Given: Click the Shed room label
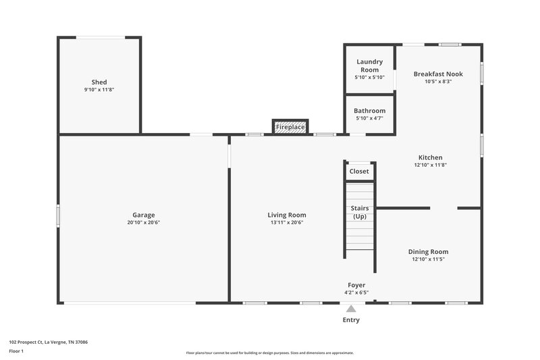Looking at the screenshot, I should pos(99,82).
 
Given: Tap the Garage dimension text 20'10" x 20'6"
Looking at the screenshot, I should pos(143,223).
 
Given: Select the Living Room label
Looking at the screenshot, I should pos(288,215).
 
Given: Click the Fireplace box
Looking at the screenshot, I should pos(290,127).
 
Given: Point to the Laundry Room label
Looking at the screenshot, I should pos(369,66).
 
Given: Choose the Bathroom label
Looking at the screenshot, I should pos(369,111).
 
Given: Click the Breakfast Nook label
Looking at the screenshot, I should pos(438,74).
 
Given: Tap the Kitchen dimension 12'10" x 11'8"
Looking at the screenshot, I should pos(430,165).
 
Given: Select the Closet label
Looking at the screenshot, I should pos(359,172).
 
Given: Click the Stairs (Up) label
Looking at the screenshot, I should pos(359,212).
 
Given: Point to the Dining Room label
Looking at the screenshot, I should pos(429,251).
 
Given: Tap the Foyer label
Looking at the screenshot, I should pos(356,285).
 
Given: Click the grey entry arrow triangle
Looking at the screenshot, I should pos(351,308).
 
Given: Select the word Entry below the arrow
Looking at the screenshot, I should pos(351,320).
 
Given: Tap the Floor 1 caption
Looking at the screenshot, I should pos(17,351).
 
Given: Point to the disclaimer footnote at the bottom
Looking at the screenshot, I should pos(269,353).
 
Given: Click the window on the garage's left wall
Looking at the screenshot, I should pos(58,216).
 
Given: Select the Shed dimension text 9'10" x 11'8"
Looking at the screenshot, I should pos(99,90).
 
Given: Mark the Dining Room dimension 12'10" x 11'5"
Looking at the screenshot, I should pos(429,259).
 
